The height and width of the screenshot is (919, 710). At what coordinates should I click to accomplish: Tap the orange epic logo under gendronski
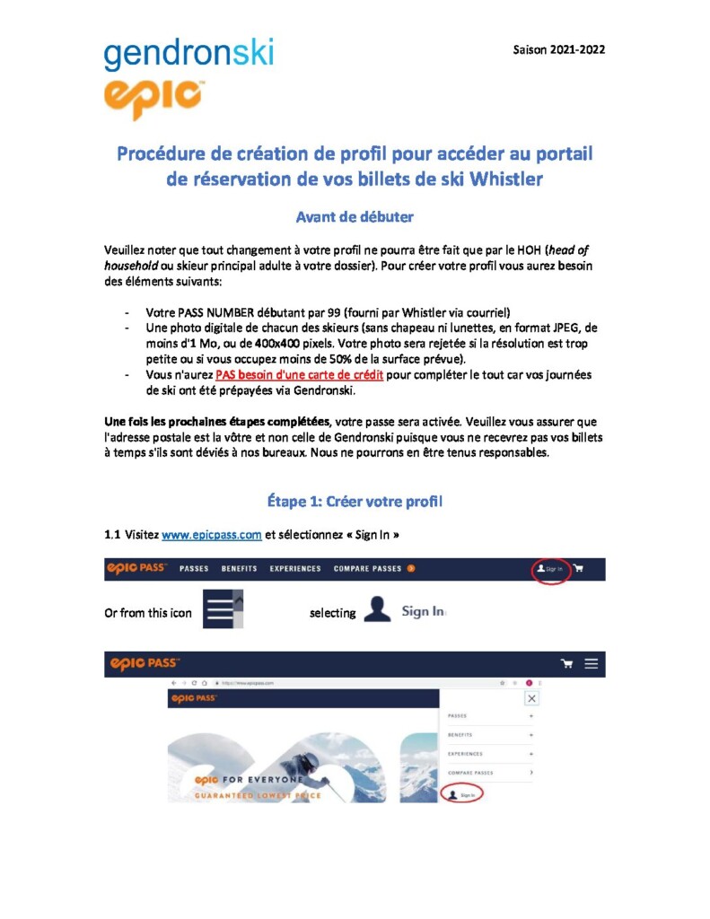point(153,98)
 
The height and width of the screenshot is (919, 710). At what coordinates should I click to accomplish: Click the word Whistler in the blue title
point(502,179)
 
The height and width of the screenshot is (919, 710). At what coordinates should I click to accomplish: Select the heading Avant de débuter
point(355,216)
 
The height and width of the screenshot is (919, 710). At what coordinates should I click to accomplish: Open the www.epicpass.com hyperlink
point(212,535)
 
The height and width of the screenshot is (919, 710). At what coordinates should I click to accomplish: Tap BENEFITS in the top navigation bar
point(239,569)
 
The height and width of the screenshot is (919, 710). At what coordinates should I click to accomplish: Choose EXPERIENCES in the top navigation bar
point(295,569)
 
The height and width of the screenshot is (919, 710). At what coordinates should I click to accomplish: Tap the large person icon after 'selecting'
point(377,610)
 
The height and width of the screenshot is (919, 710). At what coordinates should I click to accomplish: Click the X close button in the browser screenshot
point(531,698)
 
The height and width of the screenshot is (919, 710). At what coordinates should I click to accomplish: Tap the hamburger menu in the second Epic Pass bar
point(592,663)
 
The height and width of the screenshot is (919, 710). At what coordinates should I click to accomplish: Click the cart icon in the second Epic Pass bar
point(566,663)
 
